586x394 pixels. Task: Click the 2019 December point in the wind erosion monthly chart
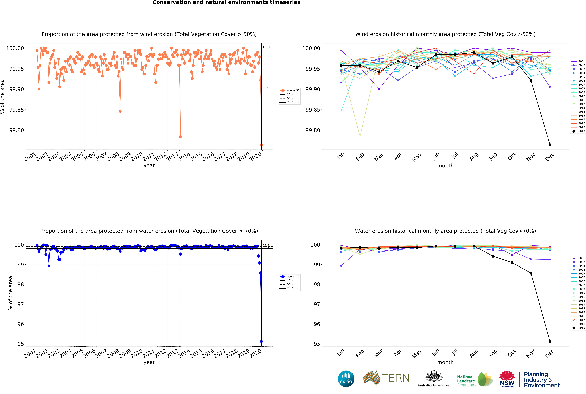[x=550, y=145]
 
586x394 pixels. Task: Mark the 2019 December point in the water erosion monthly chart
[x=550, y=341]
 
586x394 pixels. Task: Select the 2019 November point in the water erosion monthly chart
[x=531, y=273]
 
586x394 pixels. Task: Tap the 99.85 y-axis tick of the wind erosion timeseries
[x=17, y=110]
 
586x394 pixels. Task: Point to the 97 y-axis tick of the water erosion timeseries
[x=20, y=304]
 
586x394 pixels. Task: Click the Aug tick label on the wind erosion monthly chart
[x=474, y=157]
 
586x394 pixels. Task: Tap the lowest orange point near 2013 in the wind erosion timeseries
[x=180, y=136]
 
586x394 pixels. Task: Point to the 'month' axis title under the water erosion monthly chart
[x=445, y=362]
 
